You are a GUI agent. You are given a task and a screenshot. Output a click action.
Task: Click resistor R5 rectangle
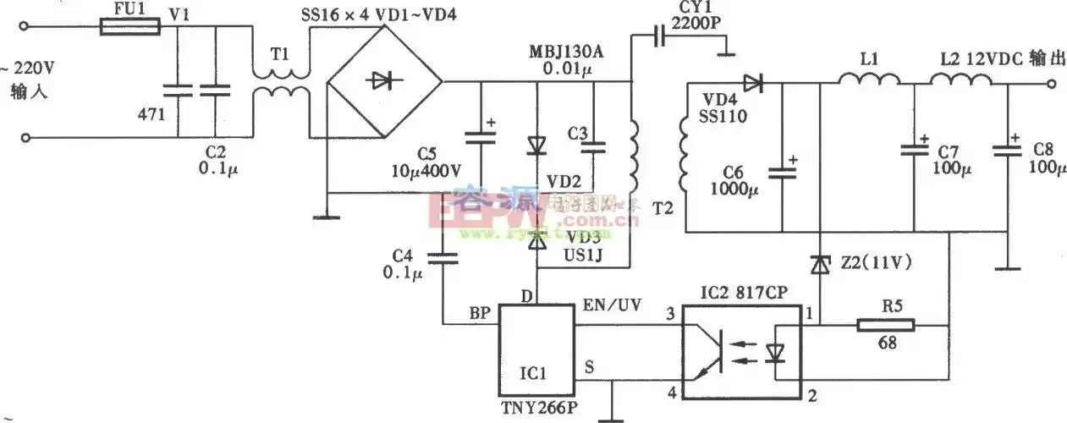coord(885,324)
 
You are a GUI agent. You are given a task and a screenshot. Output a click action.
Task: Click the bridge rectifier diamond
coord(383,82)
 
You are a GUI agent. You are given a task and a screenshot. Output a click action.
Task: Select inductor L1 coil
coord(868,79)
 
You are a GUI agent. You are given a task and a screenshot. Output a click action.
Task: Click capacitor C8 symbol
coord(1008,151)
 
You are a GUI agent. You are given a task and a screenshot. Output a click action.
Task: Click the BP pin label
coord(479,311)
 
